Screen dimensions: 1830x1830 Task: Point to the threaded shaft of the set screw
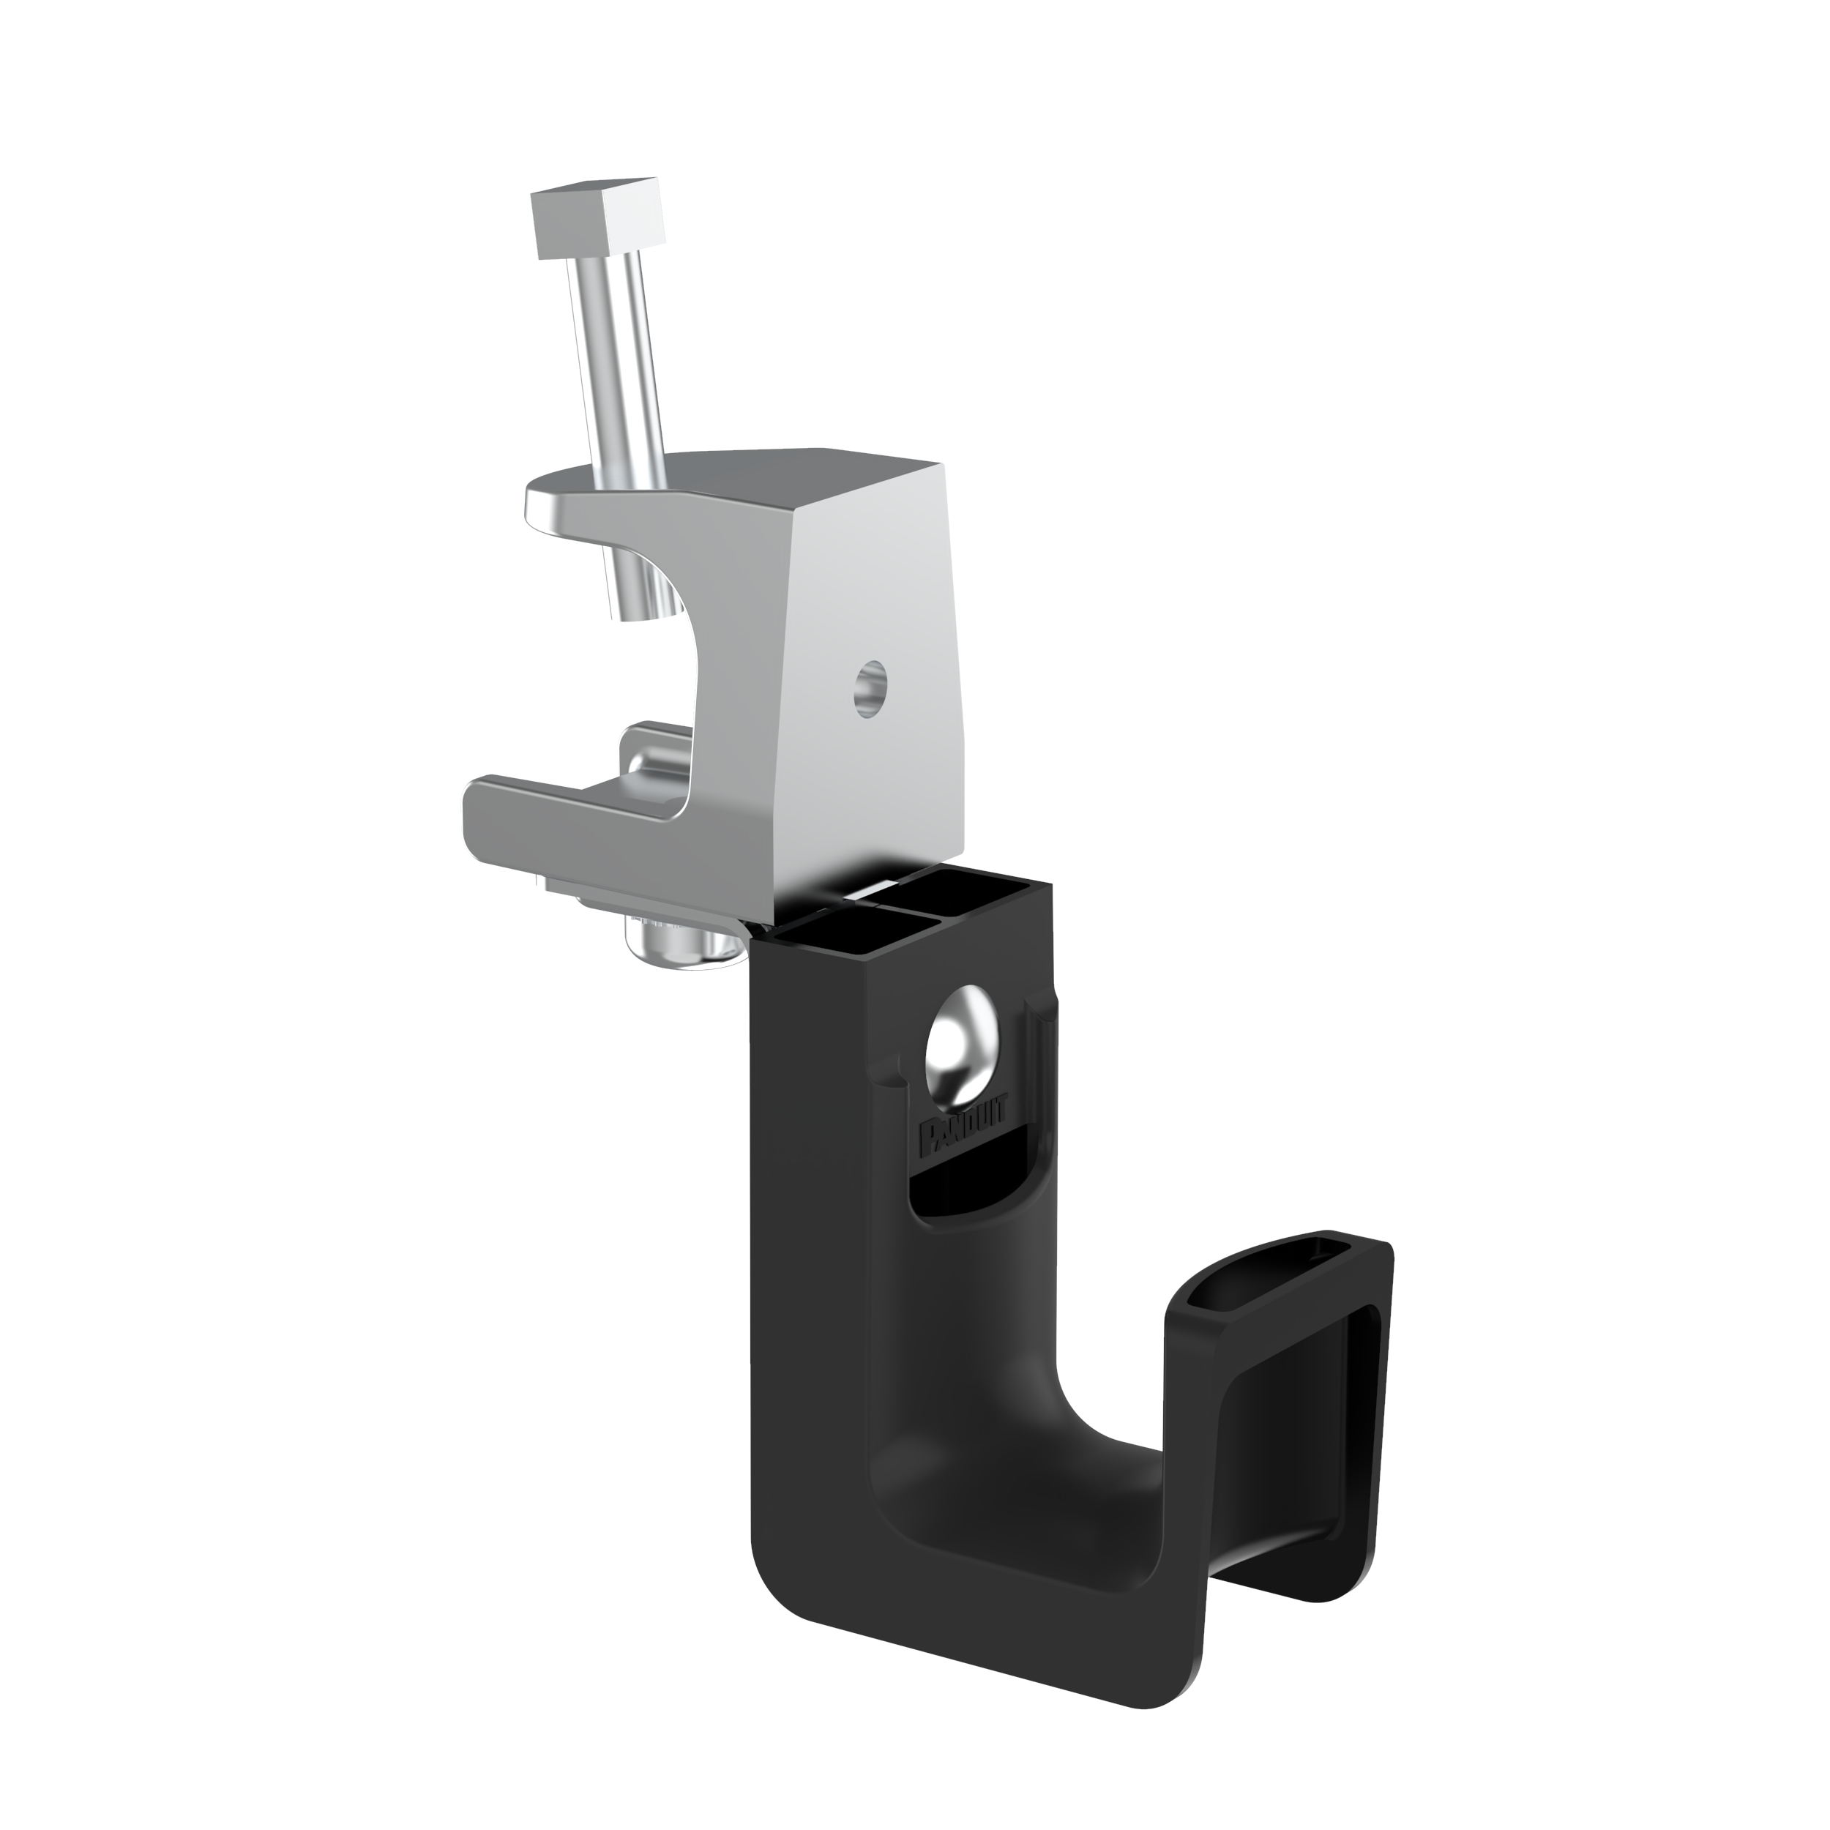tap(621, 360)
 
